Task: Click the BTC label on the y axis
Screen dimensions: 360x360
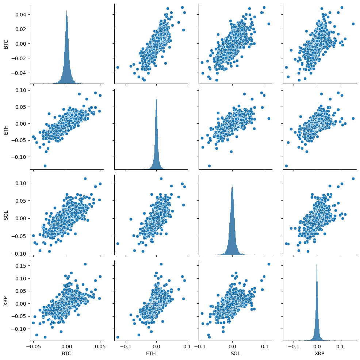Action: pos(6,44)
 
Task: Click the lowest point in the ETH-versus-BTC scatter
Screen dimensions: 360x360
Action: pos(45,166)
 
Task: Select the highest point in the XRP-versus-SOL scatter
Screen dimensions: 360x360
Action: pos(269,264)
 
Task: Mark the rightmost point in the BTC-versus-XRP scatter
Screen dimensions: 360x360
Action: pos(353,24)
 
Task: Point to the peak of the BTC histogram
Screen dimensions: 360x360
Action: pos(66,11)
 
